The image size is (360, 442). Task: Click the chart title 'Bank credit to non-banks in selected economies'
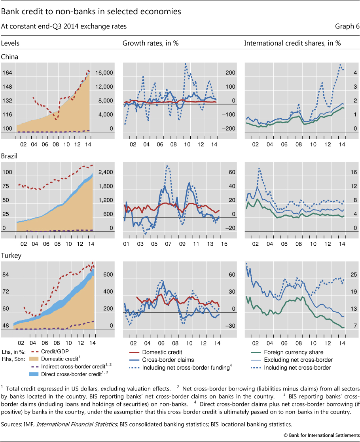pos(91,11)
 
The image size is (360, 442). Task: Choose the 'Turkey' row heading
pos(10,255)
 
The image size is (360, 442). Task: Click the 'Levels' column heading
pos(10,43)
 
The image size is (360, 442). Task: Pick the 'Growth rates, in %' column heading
pos(151,43)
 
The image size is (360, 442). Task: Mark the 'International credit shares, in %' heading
pos(292,43)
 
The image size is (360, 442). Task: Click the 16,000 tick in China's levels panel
pos(105,73)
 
